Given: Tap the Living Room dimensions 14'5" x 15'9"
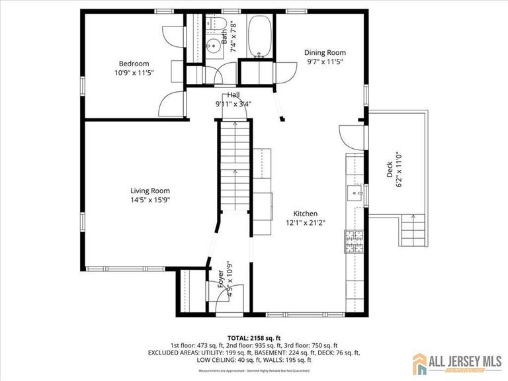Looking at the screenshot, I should [150, 200].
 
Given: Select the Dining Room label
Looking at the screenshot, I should [325, 52].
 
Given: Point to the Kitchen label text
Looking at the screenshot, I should [306, 214].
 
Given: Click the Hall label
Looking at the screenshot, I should [233, 95].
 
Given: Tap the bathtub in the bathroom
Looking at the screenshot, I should [258, 36].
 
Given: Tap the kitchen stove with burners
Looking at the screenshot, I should [353, 241].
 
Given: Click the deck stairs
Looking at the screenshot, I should [413, 230].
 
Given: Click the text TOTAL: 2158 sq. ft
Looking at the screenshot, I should [254, 337].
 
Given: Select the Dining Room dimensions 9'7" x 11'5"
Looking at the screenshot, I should [325, 62].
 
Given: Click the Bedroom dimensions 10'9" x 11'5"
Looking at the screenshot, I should [134, 73].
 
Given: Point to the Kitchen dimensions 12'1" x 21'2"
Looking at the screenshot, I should [306, 224].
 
